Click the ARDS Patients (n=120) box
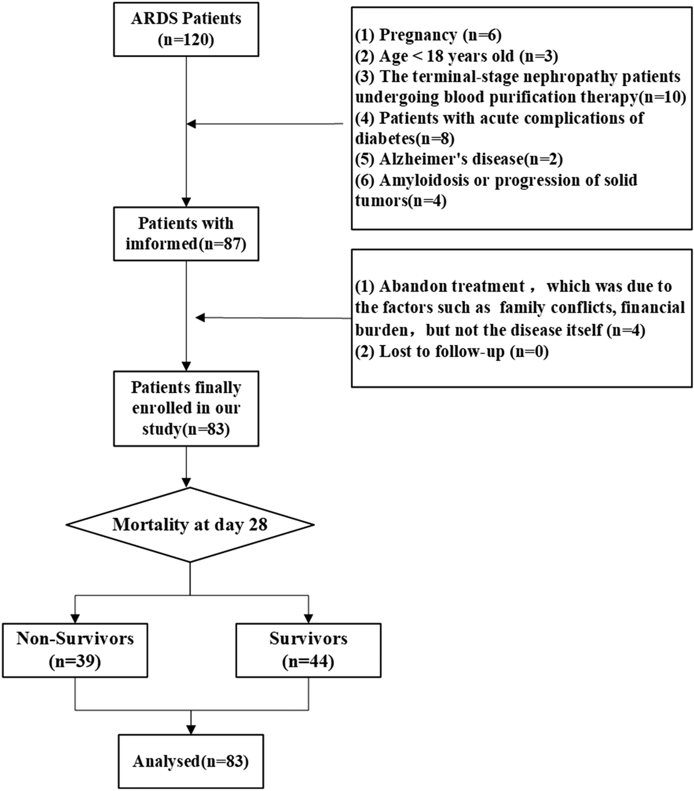pyautogui.click(x=186, y=29)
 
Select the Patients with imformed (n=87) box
pyautogui.click(x=186, y=233)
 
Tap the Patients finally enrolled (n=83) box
pyautogui.click(x=186, y=408)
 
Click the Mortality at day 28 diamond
pyautogui.click(x=190, y=525)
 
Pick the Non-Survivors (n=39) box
pyautogui.click(x=75, y=650)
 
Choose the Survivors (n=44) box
pyautogui.click(x=308, y=650)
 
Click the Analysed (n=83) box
pyautogui.click(x=190, y=761)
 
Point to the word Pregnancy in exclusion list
pyautogui.click(x=418, y=35)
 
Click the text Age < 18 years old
pyautogui.click(x=446, y=56)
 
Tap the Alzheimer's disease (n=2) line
pyautogui.click(x=458, y=159)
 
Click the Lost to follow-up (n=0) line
pyautogui.click(x=451, y=352)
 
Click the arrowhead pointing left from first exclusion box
pyautogui.click(x=191, y=124)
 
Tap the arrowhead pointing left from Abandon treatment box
pyautogui.click(x=200, y=318)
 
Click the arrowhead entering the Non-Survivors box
pyautogui.click(x=75, y=619)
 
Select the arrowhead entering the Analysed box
pyautogui.click(x=190, y=730)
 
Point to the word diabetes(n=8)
pyautogui.click(x=404, y=138)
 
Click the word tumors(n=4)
pyautogui.click(x=400, y=201)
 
